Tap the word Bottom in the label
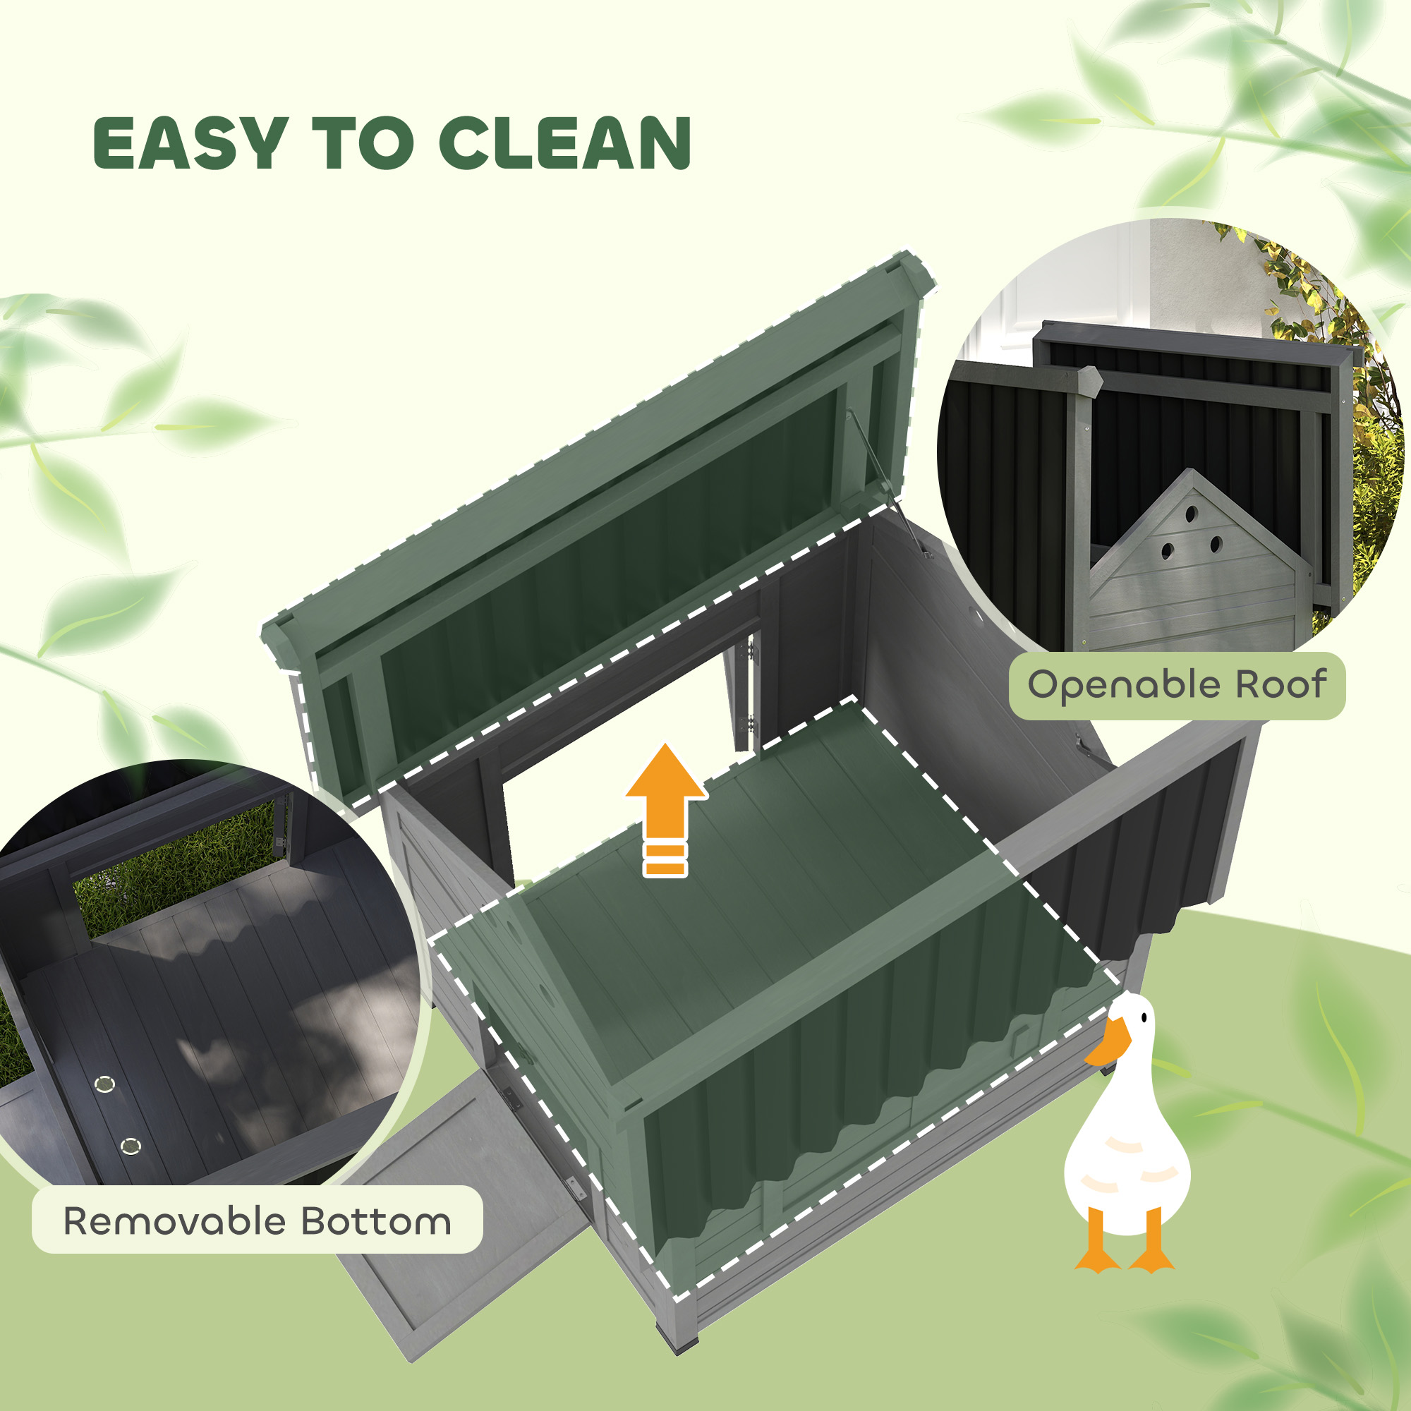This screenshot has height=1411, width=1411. click(x=376, y=1221)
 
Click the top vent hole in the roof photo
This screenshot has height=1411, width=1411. click(x=1191, y=514)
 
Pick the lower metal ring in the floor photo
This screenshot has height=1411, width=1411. click(x=131, y=1146)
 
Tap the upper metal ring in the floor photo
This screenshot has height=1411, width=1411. click(x=105, y=1082)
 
